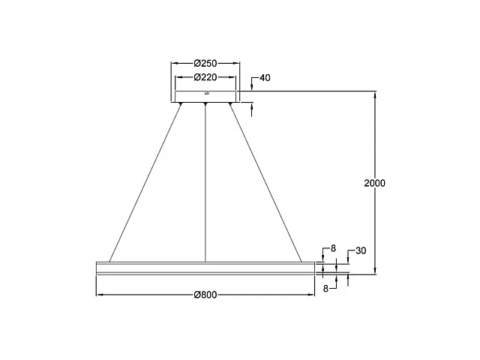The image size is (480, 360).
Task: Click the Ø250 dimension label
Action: coord(205,64)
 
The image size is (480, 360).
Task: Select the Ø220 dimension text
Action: coord(205,77)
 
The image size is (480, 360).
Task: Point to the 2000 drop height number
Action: coord(373,183)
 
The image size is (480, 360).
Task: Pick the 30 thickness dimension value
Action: coord(360,251)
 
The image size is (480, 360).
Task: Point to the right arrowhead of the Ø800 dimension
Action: coord(311,295)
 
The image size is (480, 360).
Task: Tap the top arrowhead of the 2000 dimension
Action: coord(374,94)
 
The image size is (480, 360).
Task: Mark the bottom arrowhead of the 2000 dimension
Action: coord(374,271)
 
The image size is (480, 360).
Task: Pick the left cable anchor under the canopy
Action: coord(181,103)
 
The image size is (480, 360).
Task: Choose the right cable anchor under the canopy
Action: coord(230,103)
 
